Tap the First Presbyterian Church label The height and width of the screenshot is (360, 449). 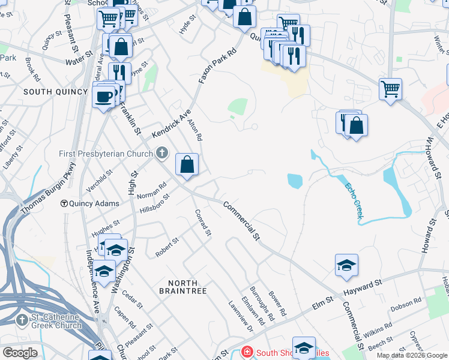[106, 154]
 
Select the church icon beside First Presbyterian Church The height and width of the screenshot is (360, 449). [161, 154]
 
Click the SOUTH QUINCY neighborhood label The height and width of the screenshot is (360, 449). [47, 92]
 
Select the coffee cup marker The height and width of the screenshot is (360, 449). [104, 96]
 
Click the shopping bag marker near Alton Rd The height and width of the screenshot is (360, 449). [187, 164]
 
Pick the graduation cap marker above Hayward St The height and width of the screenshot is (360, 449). [346, 265]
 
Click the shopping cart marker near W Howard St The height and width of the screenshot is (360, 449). [390, 89]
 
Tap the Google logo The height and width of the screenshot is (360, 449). [20, 353]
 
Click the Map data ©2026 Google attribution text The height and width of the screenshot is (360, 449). [411, 355]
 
